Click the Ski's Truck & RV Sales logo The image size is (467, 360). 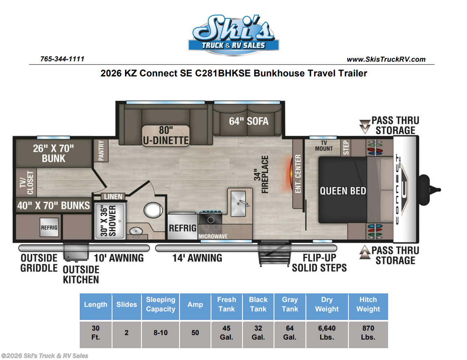[234, 35]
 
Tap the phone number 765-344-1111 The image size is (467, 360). [62, 59]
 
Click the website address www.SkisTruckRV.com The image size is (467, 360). [386, 59]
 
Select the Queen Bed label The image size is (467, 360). [343, 191]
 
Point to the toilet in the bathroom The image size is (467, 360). [153, 210]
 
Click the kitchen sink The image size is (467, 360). [239, 203]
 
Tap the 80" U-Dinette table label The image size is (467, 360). [166, 135]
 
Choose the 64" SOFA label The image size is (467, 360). [249, 121]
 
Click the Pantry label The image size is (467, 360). [101, 150]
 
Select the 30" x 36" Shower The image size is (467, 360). [110, 221]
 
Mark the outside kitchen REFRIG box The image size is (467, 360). [49, 227]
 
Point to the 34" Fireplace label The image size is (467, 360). [261, 174]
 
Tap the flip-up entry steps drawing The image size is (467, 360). [274, 253]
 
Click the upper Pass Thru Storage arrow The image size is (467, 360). [364, 126]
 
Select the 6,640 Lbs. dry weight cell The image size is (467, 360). [327, 333]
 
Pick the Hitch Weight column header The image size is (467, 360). [368, 304]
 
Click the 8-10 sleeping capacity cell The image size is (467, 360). [161, 333]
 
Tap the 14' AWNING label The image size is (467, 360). [197, 258]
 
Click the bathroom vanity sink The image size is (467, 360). [136, 231]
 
